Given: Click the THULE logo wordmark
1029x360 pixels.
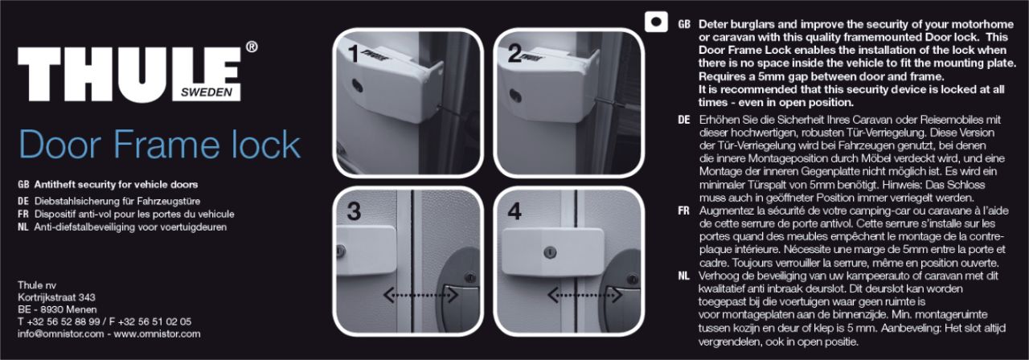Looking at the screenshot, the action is click(x=129, y=73).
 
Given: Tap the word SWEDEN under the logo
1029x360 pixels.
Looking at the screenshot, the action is click(x=207, y=92).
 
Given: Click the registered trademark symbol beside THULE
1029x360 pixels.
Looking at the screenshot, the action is click(x=252, y=47).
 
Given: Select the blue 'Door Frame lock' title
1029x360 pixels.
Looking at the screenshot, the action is click(x=159, y=145).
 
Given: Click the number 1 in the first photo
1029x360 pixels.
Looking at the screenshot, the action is click(x=353, y=54).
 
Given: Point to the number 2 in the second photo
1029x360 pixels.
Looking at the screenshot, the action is click(x=514, y=54).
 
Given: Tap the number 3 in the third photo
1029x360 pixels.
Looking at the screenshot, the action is click(x=354, y=211).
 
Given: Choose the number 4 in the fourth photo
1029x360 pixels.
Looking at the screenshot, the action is click(x=514, y=211).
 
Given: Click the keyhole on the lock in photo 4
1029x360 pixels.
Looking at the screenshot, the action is click(x=550, y=252).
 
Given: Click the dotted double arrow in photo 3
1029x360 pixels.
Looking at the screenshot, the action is click(x=420, y=295).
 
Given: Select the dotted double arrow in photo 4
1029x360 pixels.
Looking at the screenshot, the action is click(x=585, y=295).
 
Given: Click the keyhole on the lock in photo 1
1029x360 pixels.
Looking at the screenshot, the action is click(x=356, y=86).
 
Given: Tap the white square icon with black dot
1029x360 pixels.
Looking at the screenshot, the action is click(x=656, y=22).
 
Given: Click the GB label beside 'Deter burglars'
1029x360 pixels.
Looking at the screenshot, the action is click(x=684, y=24).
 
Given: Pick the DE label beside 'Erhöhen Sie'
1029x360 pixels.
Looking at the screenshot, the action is click(x=684, y=120).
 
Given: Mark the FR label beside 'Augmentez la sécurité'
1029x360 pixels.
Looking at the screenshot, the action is click(x=683, y=211).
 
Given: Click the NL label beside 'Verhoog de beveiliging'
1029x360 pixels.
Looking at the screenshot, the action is click(x=683, y=276).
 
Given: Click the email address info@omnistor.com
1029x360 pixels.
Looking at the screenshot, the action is click(x=60, y=333).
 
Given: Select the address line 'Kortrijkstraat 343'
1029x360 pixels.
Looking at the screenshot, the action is click(x=56, y=297).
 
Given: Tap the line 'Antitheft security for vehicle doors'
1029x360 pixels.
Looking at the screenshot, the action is click(x=117, y=185).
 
